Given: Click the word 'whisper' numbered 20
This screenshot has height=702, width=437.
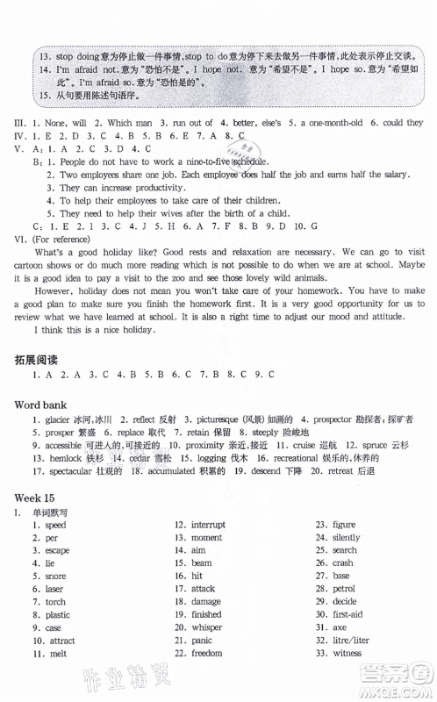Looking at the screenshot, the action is click(207, 627).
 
